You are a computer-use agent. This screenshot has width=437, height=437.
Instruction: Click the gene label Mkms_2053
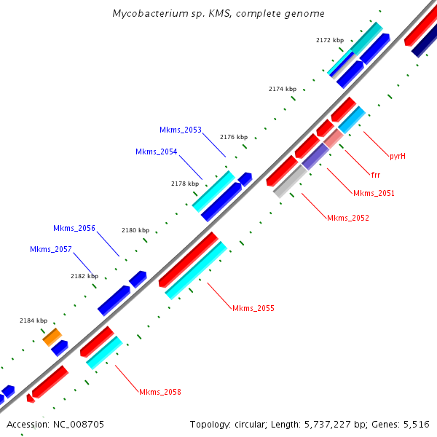(181, 130)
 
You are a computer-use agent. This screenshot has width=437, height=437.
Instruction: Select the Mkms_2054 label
(157, 152)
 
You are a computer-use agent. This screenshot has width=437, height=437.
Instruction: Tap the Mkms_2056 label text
(74, 229)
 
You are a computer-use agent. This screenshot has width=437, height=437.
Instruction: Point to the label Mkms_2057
(51, 250)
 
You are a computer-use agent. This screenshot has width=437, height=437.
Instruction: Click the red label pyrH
(397, 157)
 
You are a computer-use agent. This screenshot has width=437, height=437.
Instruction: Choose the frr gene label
(376, 176)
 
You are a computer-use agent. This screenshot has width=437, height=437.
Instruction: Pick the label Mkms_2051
(374, 194)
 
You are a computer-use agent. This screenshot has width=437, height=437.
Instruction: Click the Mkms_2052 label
(348, 219)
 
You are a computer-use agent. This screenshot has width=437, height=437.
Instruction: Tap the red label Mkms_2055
(253, 309)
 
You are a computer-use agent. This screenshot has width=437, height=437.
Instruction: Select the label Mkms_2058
(160, 393)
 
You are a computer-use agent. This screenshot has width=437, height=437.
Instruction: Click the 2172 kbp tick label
(330, 41)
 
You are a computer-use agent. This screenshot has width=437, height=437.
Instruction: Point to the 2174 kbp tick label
(283, 89)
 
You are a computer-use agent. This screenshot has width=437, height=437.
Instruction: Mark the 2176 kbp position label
(234, 137)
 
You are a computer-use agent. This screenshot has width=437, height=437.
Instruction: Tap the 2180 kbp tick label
(135, 231)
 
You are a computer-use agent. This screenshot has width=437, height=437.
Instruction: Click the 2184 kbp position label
(34, 321)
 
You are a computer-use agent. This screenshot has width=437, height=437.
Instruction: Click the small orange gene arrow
(52, 336)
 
